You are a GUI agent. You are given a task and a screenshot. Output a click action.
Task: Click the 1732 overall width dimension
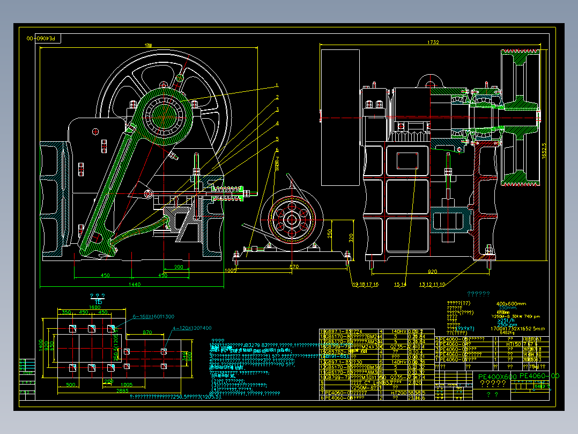[x=433, y=42]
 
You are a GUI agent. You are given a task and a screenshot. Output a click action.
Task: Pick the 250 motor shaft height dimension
[x=331, y=234]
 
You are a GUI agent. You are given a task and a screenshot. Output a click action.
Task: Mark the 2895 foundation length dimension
[x=122, y=391]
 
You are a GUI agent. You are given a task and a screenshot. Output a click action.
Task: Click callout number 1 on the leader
[x=277, y=85]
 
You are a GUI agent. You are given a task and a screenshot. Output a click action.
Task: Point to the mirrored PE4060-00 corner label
[x=45, y=39]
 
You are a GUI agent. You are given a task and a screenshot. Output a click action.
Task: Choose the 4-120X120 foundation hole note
[x=191, y=328]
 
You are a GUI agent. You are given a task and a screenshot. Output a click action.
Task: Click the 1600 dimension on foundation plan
[x=94, y=307]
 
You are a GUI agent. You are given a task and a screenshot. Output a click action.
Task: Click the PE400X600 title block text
[x=498, y=377]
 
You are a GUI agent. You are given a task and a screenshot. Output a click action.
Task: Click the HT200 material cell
[x=397, y=393]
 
